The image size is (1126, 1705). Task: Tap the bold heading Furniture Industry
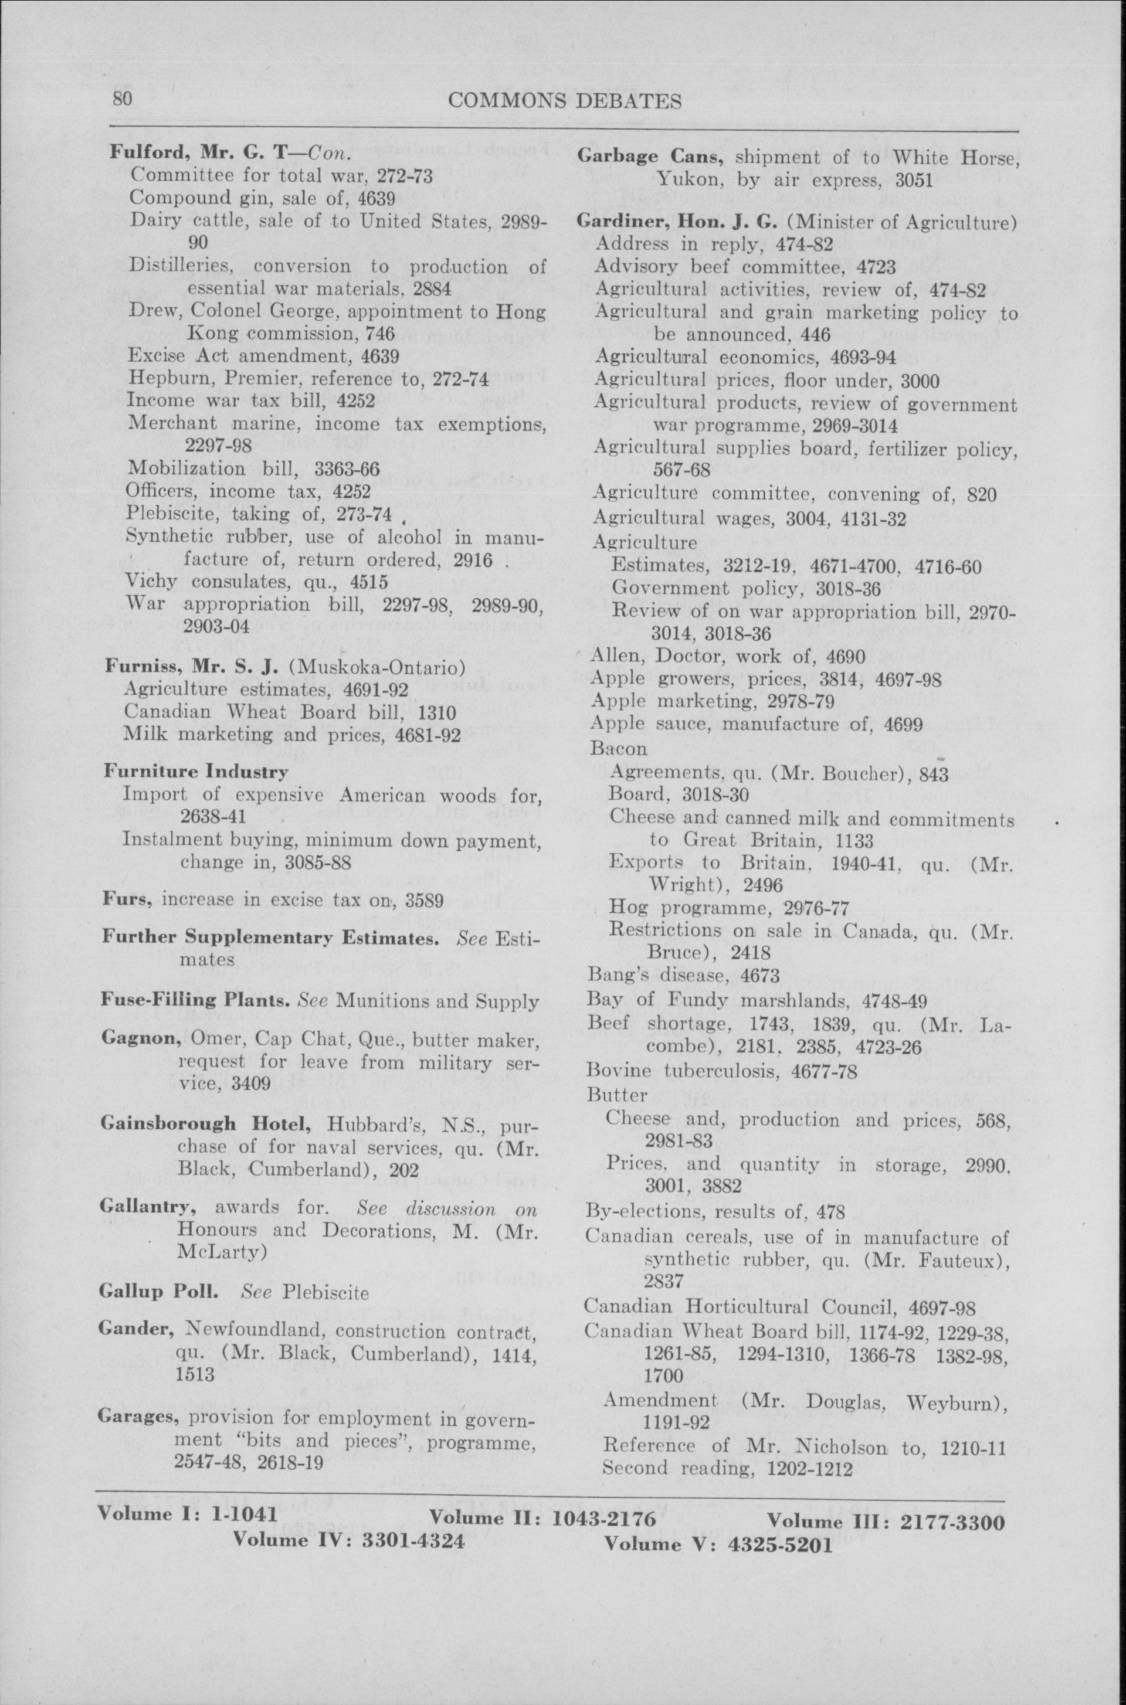point(195,772)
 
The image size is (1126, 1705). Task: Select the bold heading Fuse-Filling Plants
point(195,1000)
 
